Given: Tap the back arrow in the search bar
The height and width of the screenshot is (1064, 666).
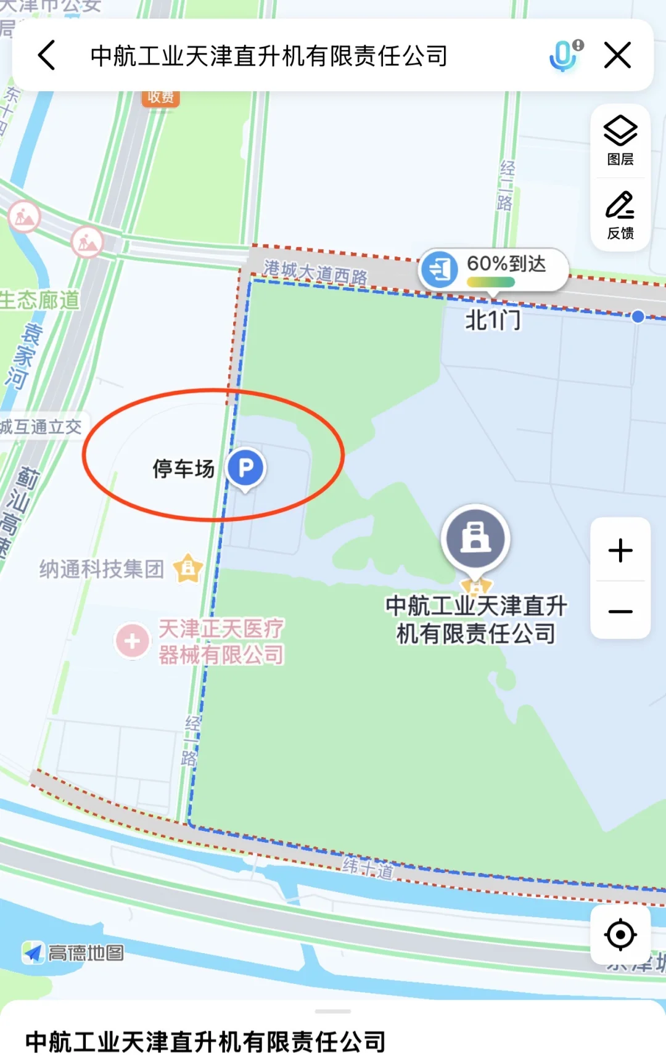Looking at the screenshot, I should tap(47, 55).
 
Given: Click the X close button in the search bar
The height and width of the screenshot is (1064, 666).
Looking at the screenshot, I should tap(617, 55).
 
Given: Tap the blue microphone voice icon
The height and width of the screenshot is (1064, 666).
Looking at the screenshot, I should tap(564, 55).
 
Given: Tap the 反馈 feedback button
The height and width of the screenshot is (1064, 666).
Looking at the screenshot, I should tap(620, 215).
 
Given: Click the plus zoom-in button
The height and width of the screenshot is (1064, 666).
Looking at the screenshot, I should tap(620, 550).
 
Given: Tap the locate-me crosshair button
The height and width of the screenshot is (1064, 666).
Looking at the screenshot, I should tap(620, 935).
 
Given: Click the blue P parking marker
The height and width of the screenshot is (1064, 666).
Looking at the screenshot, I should tap(245, 468).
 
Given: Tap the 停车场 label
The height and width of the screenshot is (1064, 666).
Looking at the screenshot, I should tap(183, 469).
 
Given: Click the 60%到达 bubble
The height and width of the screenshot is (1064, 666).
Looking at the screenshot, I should tap(493, 269).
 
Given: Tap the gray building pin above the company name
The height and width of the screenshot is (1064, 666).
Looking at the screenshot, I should tap(475, 538).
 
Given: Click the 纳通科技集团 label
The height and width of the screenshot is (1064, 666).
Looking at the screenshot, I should tap(102, 569).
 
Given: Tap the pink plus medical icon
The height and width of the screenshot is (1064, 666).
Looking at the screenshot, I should tap(132, 641).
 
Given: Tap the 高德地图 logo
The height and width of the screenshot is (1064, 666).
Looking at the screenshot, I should tap(74, 953).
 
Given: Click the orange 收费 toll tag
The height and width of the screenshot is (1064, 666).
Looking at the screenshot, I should tap(161, 97).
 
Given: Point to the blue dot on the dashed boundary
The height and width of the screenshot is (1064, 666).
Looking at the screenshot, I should tap(638, 316).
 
